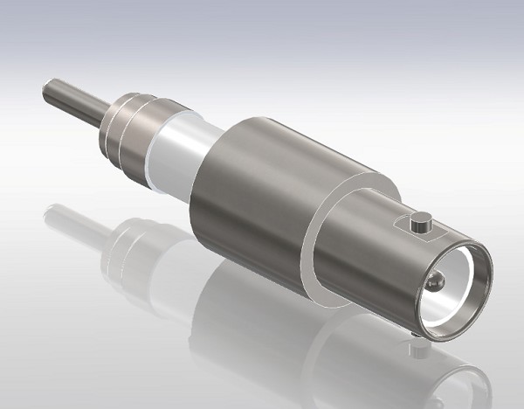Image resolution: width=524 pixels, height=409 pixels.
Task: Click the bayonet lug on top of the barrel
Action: (x=421, y=220)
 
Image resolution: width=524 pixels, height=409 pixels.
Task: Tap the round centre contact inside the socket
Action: (x=435, y=281)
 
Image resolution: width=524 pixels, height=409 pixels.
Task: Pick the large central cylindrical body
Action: (x=253, y=188)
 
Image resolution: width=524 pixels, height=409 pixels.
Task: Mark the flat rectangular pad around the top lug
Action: (x=410, y=229)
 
